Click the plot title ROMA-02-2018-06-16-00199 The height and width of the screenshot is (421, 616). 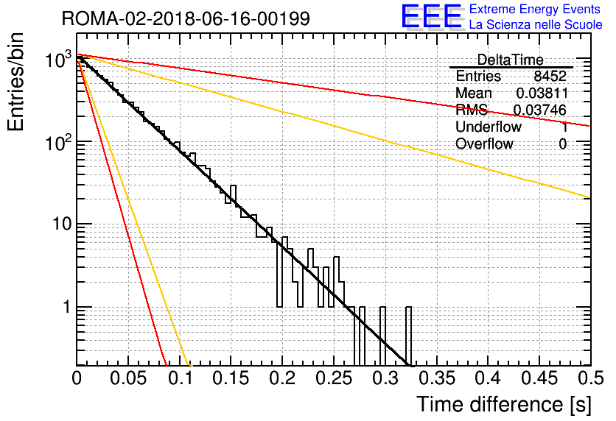pyautogui.click(x=186, y=18)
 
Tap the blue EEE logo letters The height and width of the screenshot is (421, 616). pyautogui.click(x=432, y=16)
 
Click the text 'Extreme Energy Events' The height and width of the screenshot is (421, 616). pyautogui.click(x=535, y=9)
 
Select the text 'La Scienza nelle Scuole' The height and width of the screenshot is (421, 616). pyautogui.click(x=536, y=24)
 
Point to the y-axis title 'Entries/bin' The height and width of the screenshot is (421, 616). pyautogui.click(x=15, y=82)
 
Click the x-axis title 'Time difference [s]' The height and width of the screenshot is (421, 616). pyautogui.click(x=504, y=404)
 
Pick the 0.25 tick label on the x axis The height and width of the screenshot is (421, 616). pyautogui.click(x=335, y=378)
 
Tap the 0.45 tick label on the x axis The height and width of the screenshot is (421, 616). pyautogui.click(x=539, y=378)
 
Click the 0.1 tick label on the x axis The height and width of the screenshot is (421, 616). pyautogui.click(x=181, y=378)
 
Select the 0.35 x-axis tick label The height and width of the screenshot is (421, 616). pyautogui.click(x=437, y=378)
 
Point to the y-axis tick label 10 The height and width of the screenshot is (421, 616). pyautogui.click(x=62, y=224)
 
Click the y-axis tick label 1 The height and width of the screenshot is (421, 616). pyautogui.click(x=66, y=307)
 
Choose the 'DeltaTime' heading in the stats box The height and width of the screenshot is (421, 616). pyautogui.click(x=511, y=60)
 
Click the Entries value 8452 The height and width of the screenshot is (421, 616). pyautogui.click(x=550, y=76)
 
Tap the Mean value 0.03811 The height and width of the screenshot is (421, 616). pyautogui.click(x=542, y=93)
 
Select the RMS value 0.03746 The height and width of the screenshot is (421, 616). pyautogui.click(x=540, y=110)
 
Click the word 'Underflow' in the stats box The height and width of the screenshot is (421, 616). pyautogui.click(x=489, y=127)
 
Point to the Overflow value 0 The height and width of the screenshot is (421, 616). pyautogui.click(x=562, y=144)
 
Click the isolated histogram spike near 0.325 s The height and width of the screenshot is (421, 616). pyautogui.click(x=408, y=336)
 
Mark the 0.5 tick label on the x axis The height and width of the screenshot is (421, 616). pyautogui.click(x=591, y=378)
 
